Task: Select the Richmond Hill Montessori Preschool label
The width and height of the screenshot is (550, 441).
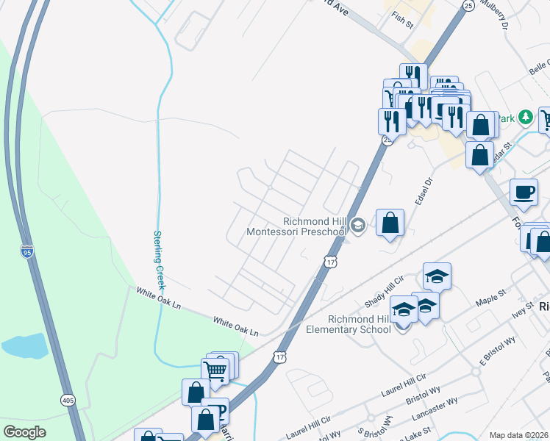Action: (x=315, y=226)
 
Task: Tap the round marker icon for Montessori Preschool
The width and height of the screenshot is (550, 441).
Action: (x=358, y=226)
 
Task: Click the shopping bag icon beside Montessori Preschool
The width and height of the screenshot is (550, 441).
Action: (x=390, y=221)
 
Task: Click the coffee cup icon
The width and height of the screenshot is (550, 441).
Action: (x=524, y=192)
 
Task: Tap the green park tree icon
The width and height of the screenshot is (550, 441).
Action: (x=525, y=117)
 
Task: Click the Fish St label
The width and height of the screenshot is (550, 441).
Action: (x=403, y=17)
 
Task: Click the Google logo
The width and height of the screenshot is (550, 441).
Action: (x=25, y=432)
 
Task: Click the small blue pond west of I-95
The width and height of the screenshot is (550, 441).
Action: (x=22, y=345)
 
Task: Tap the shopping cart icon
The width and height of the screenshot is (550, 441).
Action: (x=215, y=370)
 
